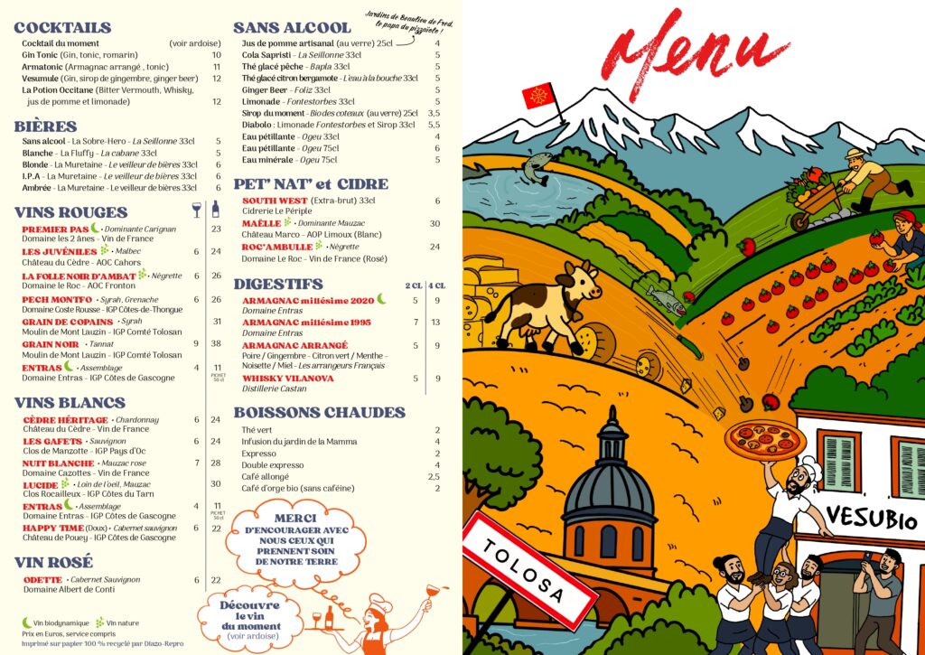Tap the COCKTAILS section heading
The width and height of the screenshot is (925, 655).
62,28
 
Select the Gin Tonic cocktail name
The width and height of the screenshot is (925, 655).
42,55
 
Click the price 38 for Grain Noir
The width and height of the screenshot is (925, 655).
216,343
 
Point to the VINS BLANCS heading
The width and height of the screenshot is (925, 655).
70,402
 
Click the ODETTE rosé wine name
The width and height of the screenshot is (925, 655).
42,579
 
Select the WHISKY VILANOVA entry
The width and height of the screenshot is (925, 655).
288,379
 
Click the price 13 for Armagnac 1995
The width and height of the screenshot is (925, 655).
435,322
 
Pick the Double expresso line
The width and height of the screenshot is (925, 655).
270,464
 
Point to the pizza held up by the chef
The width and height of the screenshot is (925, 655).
763,439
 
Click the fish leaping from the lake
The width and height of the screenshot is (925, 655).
538,167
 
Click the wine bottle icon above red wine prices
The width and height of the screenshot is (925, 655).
215,210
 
